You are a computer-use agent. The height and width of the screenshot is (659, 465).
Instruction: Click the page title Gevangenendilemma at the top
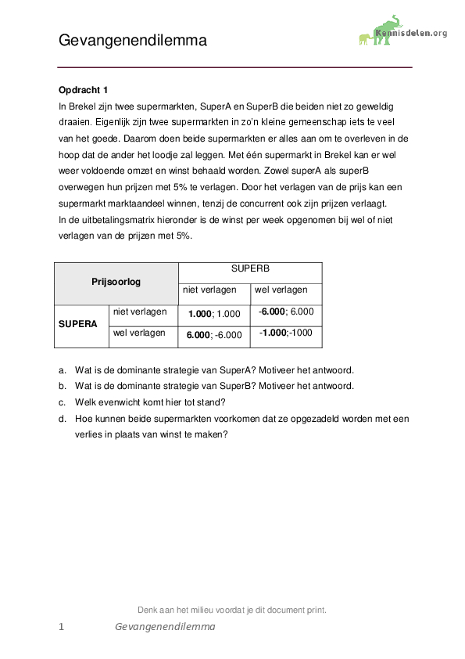coord(133,41)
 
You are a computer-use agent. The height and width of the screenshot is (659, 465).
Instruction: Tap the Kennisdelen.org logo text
coord(411,33)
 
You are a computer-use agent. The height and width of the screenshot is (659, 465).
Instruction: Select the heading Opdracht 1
coord(83,90)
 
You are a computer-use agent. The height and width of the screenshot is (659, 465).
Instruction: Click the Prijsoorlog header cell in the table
coord(116,282)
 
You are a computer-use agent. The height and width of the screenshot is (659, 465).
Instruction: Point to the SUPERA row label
coord(78,323)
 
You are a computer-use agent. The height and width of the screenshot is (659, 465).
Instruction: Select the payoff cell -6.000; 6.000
coord(286,311)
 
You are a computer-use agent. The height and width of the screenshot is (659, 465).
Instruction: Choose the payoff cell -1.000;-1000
coord(286,333)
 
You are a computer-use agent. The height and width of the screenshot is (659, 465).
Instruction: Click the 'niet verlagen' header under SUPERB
coord(209,290)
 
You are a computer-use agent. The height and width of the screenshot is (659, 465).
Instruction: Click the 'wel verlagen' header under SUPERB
coord(281,290)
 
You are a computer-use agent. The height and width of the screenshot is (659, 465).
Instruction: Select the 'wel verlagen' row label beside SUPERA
coord(139,333)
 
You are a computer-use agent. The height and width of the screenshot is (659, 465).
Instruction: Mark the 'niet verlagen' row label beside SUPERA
coord(140,311)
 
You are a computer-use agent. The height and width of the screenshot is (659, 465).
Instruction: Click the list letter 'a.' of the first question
coord(63,369)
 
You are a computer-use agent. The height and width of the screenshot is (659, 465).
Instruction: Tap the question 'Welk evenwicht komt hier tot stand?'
coord(150,402)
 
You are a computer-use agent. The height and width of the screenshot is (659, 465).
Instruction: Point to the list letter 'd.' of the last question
coord(63,419)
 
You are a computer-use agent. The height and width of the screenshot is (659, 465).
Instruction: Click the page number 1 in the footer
coord(61,627)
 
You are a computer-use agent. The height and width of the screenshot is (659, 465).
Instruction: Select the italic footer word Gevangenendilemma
coord(164,627)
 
